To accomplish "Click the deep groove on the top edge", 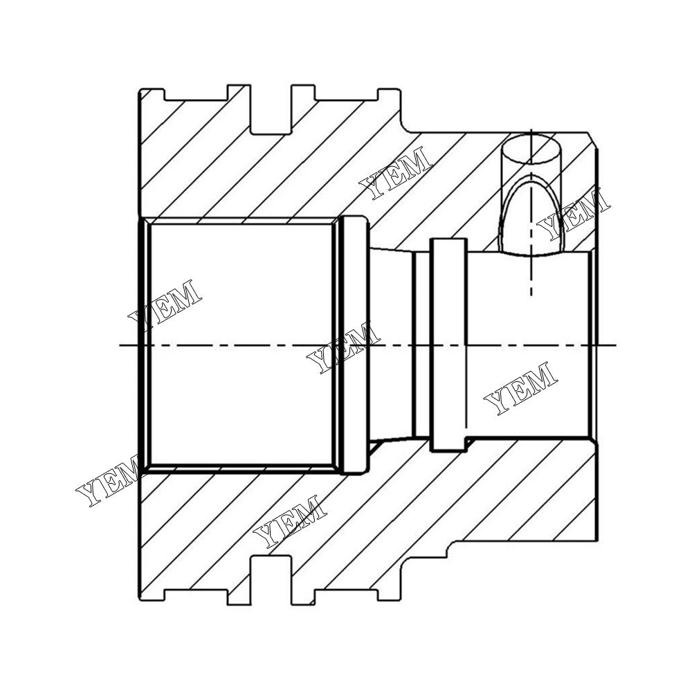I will pos(271,111).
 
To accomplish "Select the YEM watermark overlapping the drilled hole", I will pos(574,215).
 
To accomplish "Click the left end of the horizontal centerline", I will pos(120,345).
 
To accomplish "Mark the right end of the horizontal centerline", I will pos(614,345).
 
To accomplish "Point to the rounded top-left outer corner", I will pos(141,91).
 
